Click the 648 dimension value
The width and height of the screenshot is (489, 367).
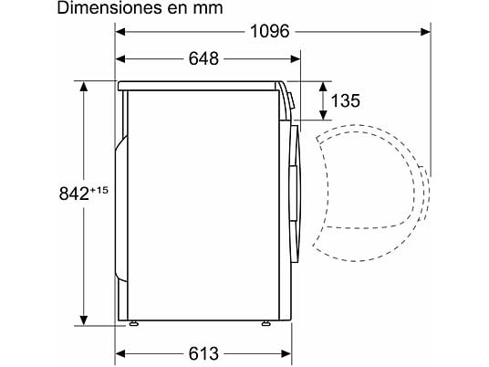tap(205, 59)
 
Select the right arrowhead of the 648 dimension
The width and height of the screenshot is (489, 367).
tap(297, 59)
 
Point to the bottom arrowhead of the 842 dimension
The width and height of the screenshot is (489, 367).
tap(85, 319)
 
